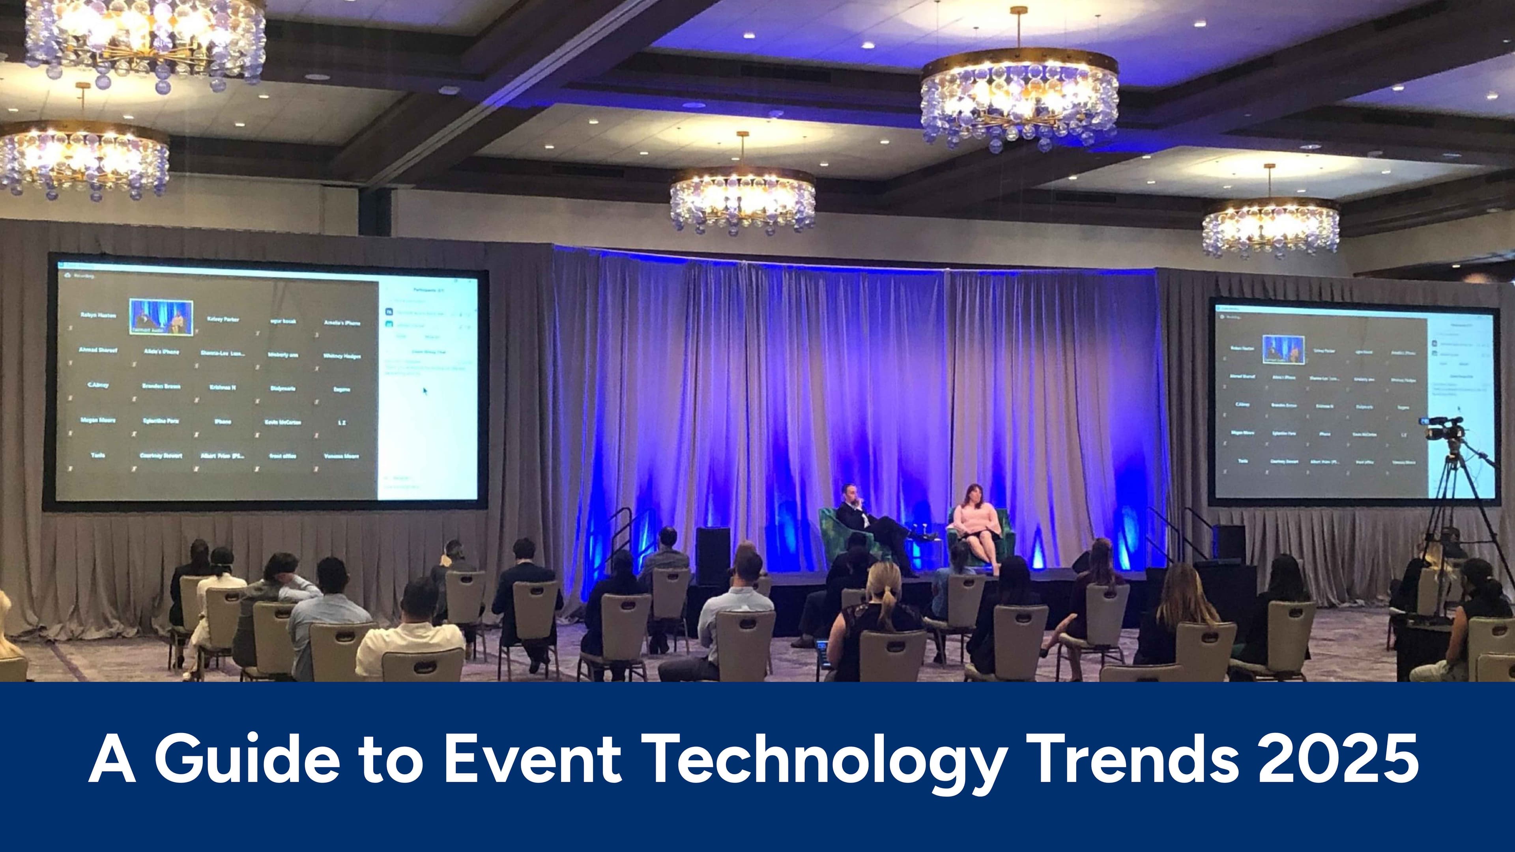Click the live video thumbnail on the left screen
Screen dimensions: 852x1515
(161, 318)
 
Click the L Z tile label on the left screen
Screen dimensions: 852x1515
(342, 422)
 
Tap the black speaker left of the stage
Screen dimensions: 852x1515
(713, 556)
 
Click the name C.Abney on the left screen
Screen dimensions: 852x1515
(98, 385)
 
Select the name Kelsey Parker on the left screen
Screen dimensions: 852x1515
(223, 319)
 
